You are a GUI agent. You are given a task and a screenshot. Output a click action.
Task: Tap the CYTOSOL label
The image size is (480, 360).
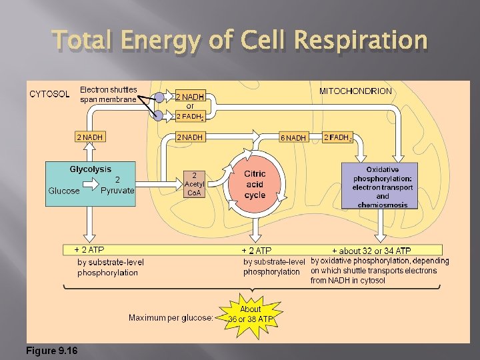click(x=49, y=94)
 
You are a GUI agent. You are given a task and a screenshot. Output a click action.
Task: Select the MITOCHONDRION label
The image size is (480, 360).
click(x=356, y=91)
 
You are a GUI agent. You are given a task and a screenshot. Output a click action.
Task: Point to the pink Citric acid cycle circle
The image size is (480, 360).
click(x=255, y=185)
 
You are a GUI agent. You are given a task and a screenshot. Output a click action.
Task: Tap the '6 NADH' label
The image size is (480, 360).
click(x=293, y=138)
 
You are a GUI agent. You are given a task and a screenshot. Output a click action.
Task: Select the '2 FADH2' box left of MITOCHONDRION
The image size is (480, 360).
click(x=338, y=137)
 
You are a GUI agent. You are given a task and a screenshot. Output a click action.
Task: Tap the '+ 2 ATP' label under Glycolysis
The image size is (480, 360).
click(x=89, y=250)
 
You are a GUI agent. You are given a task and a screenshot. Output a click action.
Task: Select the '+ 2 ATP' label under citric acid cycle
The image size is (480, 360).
click(x=257, y=251)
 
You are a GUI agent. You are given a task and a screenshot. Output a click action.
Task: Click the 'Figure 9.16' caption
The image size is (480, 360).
click(x=52, y=351)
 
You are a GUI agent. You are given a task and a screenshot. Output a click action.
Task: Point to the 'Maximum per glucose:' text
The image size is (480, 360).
click(x=171, y=317)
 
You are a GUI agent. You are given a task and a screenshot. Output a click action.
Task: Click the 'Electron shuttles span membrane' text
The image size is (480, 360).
click(x=109, y=95)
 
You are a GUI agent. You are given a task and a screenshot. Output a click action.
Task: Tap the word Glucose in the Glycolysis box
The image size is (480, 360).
click(x=64, y=191)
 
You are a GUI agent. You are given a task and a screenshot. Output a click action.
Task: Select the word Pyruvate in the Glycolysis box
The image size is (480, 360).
click(x=117, y=191)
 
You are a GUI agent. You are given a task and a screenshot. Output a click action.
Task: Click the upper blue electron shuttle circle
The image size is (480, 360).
click(x=159, y=97)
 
